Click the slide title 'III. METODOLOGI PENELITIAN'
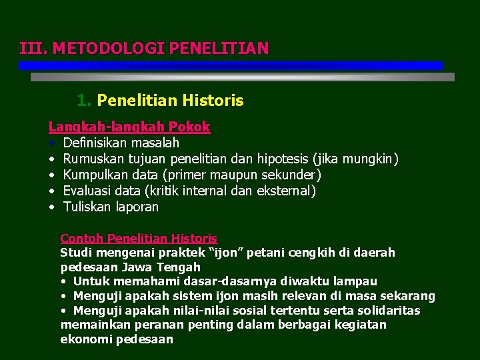tap(144, 48)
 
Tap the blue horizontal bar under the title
tap(230, 65)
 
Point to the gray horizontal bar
tap(243, 77)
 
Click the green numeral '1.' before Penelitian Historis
tap(84, 101)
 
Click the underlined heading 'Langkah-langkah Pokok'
tap(129, 127)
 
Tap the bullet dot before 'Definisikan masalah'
tap(51, 143)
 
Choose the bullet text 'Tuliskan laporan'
tap(111, 207)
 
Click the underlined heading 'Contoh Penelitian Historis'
tap(139, 238)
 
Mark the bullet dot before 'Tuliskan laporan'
tap(51, 207)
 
